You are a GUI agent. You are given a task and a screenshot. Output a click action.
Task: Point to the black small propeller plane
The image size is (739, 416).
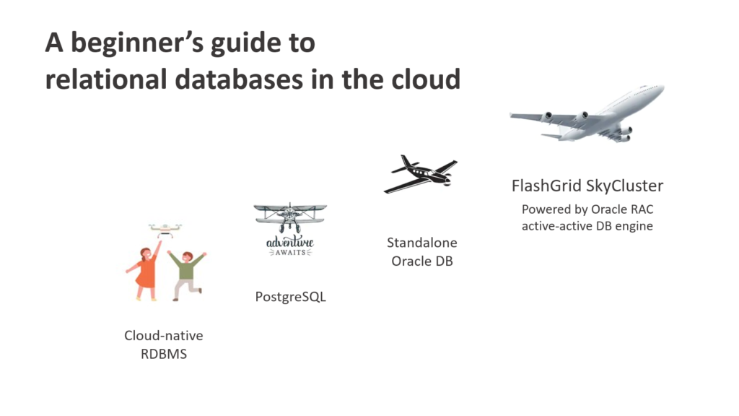(x=421, y=173)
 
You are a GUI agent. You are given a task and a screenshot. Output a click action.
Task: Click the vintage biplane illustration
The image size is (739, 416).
(x=289, y=217)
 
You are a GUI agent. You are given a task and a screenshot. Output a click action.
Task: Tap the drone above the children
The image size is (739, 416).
(x=165, y=230)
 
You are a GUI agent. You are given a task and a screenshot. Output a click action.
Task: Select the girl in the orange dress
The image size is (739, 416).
(x=146, y=272)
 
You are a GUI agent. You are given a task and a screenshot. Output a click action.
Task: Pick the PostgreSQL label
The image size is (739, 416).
(x=290, y=297)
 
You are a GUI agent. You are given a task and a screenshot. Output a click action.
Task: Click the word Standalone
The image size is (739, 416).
(x=422, y=243)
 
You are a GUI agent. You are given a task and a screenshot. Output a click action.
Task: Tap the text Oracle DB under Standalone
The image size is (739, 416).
(x=422, y=261)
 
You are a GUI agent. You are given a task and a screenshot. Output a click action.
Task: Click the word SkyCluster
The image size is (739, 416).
(x=626, y=186)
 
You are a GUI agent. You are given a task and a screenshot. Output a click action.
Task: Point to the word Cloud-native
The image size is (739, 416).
(x=164, y=336)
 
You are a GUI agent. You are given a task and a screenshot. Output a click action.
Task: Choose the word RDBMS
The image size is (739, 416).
(x=164, y=354)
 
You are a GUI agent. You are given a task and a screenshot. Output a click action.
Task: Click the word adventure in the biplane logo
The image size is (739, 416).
(x=289, y=243)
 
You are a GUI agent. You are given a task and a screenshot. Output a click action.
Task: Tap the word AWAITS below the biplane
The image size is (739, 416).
(x=289, y=253)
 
